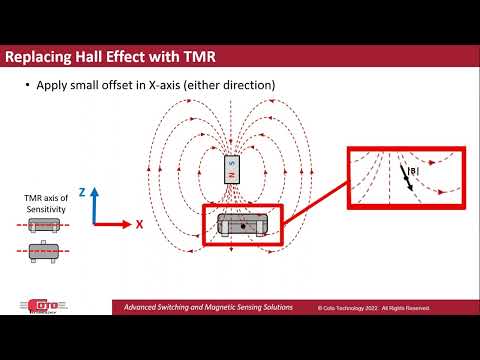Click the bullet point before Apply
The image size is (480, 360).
27,87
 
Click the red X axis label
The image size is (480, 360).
140,225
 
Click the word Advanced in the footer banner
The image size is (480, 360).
145,307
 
